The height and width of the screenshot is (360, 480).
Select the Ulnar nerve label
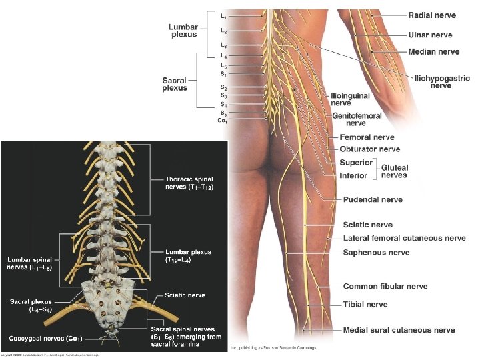430,35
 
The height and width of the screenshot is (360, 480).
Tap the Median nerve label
433,51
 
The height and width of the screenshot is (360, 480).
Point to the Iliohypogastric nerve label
442,82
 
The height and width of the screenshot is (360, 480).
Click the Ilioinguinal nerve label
350,99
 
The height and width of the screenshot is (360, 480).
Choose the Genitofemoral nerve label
357,119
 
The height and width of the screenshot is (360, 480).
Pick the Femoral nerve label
367,137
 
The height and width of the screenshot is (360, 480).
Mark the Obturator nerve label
369,149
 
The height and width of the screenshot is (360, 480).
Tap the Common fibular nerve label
385,287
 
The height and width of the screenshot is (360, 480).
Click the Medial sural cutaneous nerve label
399,330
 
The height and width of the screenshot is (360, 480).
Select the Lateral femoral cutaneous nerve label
404,238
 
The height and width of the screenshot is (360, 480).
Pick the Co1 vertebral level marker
223,121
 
